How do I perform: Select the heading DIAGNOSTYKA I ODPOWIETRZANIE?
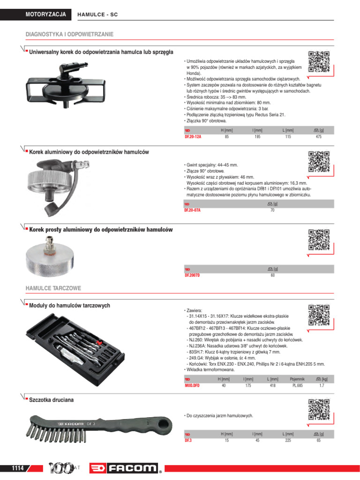click(x=69, y=35)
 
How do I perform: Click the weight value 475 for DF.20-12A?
click(x=319, y=136)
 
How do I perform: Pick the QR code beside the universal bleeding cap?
click(x=319, y=61)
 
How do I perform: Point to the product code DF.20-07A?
click(x=192, y=210)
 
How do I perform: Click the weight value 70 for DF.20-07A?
click(x=272, y=210)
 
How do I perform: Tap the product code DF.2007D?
click(x=192, y=276)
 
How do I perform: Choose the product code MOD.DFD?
click(x=192, y=385)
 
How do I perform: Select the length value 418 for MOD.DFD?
click(x=272, y=385)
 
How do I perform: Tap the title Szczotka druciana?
click(x=52, y=400)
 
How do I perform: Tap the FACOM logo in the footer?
click(x=127, y=468)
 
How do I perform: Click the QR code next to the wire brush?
click(x=319, y=409)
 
